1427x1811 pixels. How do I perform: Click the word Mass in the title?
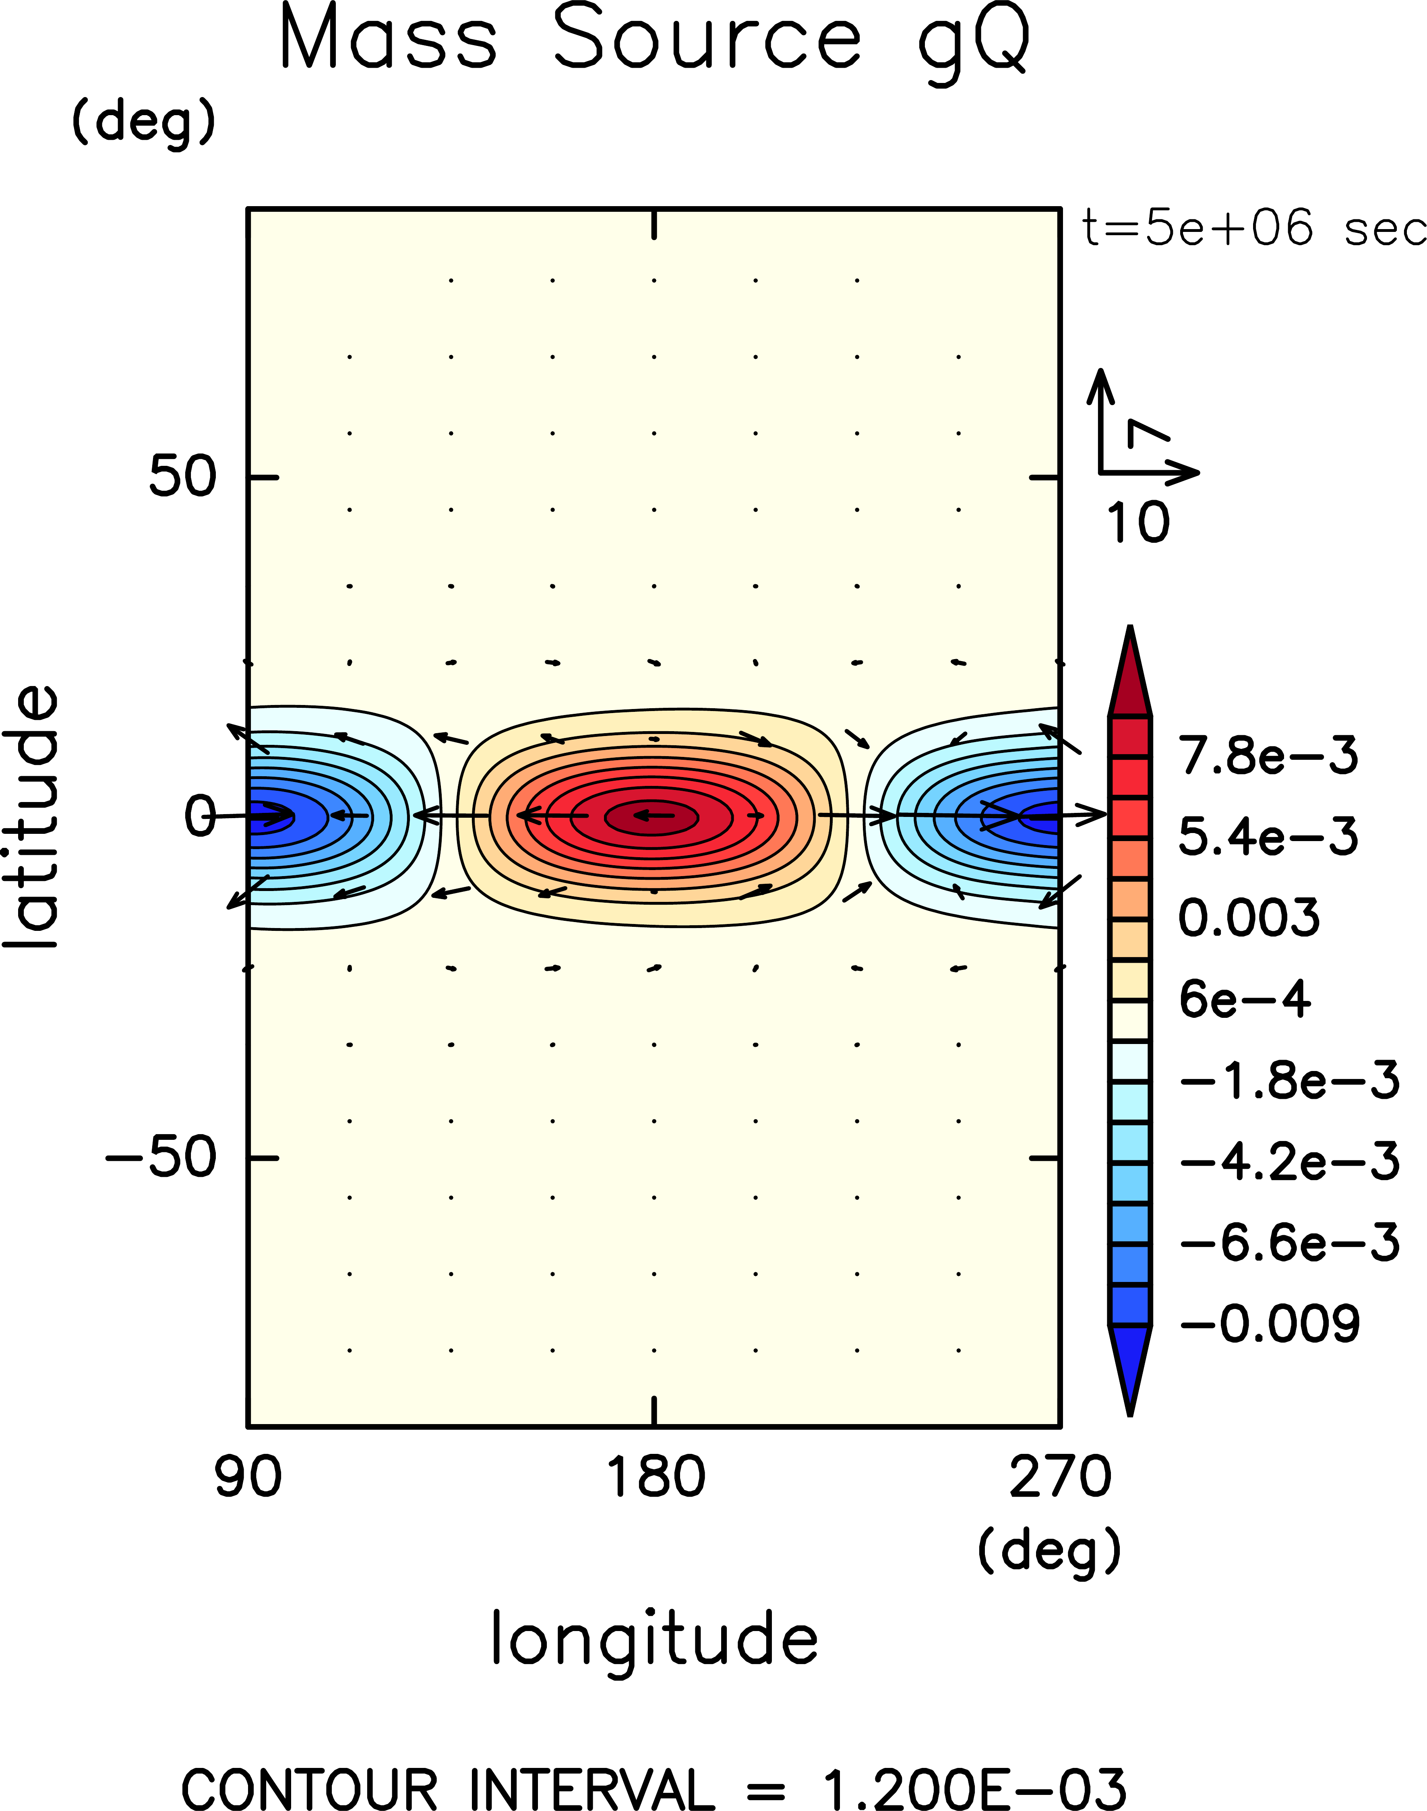[389, 37]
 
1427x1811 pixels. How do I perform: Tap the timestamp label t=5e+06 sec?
[1253, 228]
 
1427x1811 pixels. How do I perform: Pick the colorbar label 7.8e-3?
[1268, 756]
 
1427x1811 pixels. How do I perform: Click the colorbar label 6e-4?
[1244, 999]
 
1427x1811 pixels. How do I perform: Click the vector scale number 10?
[1138, 523]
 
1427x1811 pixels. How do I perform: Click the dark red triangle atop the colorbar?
[1129, 677]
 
